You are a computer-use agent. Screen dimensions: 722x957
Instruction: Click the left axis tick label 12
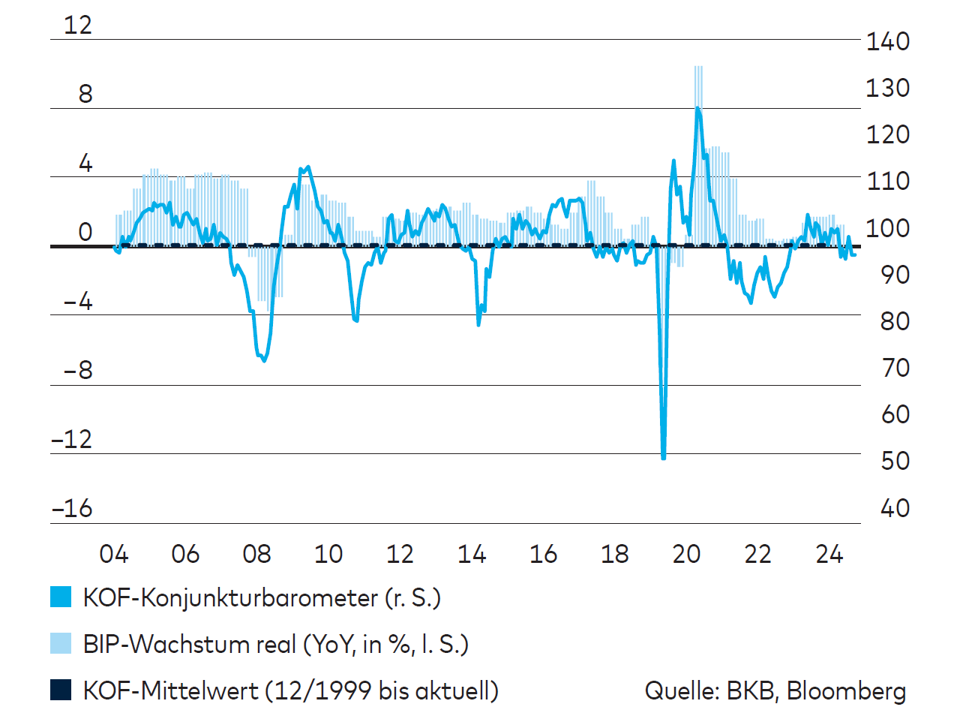78,25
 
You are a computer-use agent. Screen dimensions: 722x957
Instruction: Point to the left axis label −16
72,509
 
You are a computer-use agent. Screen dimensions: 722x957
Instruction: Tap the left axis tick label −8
78,370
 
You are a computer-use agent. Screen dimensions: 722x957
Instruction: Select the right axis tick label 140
887,41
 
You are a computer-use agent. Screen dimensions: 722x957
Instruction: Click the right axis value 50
895,461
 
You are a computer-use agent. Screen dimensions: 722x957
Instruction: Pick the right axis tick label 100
887,228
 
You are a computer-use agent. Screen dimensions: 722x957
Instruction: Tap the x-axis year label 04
114,555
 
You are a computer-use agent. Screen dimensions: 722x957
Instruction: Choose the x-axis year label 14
472,555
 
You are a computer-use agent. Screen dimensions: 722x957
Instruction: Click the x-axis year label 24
829,555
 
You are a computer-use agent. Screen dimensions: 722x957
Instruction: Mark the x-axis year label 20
686,555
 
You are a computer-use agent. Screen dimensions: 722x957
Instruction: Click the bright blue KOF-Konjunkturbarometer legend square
61,597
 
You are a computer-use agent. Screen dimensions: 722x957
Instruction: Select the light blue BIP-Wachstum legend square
61,644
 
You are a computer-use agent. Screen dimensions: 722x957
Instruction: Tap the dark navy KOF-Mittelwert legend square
61,690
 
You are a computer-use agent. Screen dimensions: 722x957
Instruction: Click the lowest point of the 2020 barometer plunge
664,456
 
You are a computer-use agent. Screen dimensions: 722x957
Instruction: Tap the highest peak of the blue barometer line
697,109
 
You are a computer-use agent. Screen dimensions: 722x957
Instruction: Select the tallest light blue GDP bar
698,75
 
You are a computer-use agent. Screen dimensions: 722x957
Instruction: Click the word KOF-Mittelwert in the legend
170,690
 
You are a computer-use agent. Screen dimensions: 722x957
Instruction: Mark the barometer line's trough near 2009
263,359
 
